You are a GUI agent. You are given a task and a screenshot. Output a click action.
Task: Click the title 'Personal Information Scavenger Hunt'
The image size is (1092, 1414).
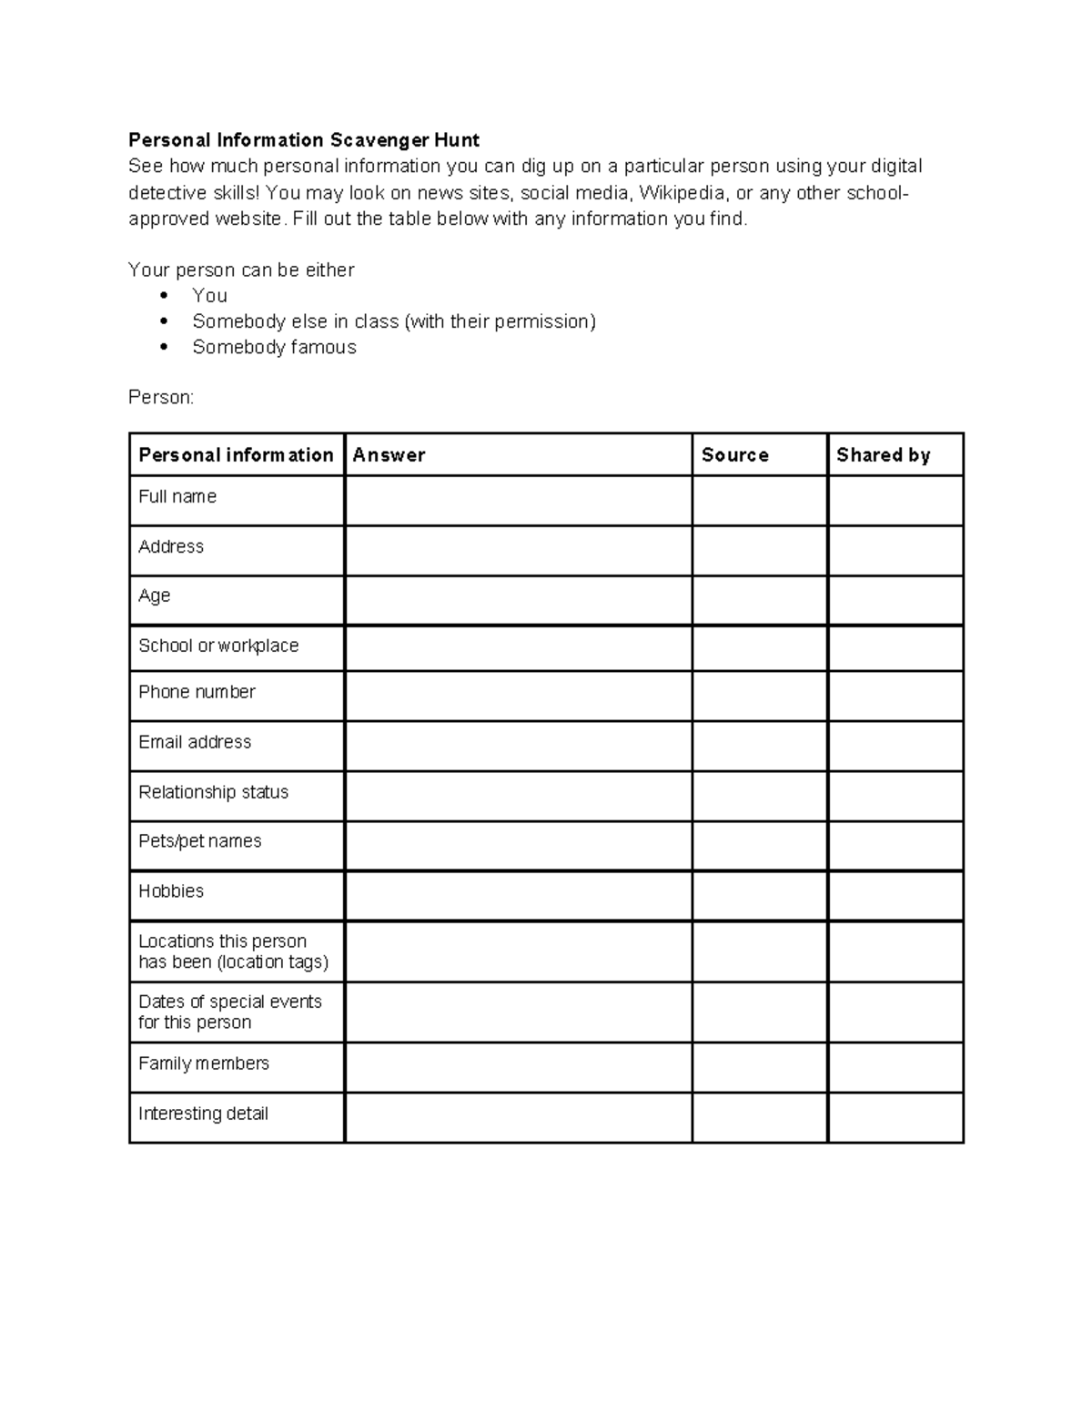click(304, 140)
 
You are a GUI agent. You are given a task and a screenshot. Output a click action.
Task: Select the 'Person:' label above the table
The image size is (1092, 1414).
click(161, 398)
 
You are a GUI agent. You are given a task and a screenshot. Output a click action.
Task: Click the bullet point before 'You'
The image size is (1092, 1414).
click(164, 295)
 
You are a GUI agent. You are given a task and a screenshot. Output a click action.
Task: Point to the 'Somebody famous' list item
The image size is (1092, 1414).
click(274, 347)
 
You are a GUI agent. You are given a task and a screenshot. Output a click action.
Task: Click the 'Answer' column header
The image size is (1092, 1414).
click(389, 455)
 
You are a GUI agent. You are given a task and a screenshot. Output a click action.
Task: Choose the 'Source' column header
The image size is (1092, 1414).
click(735, 455)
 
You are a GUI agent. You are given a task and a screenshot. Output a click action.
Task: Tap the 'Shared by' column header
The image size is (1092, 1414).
click(883, 455)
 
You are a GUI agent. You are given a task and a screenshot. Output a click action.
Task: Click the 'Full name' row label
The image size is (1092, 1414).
click(177, 497)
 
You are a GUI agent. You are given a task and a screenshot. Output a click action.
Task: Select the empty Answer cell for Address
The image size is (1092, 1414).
click(518, 551)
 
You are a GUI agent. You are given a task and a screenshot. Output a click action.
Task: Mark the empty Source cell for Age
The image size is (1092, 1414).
click(760, 600)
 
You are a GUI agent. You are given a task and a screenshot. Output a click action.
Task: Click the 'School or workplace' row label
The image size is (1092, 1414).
click(218, 646)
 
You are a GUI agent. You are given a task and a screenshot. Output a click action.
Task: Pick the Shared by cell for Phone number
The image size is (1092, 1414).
click(895, 697)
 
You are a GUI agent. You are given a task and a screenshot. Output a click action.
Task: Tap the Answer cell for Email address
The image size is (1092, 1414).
click(518, 747)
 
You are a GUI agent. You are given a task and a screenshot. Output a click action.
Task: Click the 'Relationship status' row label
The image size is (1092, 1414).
click(213, 792)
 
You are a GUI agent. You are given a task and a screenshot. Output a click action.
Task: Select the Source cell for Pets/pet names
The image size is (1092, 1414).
click(760, 846)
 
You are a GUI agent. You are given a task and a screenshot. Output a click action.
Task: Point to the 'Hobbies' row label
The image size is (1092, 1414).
click(171, 891)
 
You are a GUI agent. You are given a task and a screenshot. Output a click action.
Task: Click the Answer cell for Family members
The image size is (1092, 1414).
click(518, 1067)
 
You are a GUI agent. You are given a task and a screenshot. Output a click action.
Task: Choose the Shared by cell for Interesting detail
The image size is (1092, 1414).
click(895, 1117)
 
